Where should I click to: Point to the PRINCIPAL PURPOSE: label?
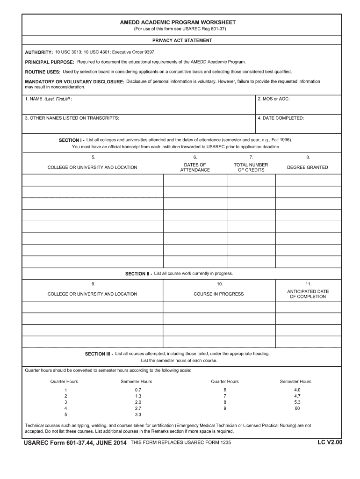[x=50, y=62]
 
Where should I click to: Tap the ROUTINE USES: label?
[x=43, y=72]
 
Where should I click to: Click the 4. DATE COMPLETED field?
[x=299, y=124]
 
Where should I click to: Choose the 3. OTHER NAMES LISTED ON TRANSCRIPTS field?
[x=138, y=124]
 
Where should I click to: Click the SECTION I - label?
[x=72, y=140]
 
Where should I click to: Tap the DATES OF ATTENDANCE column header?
[x=195, y=167]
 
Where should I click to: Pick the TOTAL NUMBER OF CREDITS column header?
[x=251, y=167]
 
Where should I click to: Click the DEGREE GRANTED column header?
[x=308, y=167]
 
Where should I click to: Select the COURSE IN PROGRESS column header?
[x=219, y=294]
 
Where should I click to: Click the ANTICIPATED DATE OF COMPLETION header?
[x=308, y=294]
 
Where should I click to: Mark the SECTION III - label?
[x=99, y=354]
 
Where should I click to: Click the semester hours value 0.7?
[x=138, y=390]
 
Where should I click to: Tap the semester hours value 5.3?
[x=297, y=402]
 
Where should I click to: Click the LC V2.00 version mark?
[x=330, y=441]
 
